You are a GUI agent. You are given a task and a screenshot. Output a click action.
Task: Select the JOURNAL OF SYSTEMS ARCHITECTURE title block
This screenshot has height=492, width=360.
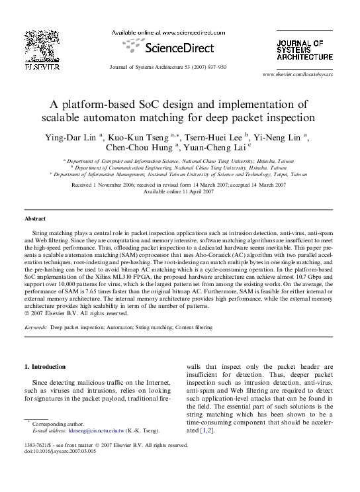[x=304, y=50]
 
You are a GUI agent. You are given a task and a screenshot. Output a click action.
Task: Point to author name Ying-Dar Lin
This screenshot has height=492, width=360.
[x=71, y=136]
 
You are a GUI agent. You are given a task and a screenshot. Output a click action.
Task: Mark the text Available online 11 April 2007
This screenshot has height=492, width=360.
[x=179, y=191]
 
